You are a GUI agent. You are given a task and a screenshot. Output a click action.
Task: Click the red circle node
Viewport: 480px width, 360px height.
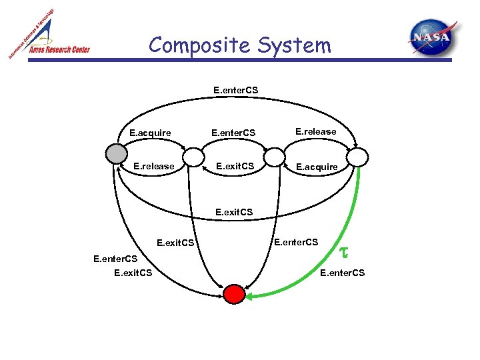point(234,293)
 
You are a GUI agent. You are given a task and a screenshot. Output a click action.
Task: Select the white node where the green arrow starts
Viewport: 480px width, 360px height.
point(358,157)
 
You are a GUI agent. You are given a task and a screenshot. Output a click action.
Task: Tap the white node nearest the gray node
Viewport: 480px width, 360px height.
point(194,157)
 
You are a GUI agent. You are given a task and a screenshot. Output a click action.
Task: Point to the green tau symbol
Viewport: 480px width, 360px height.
point(345,252)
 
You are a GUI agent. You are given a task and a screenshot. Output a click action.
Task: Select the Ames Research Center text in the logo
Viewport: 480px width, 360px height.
point(59,49)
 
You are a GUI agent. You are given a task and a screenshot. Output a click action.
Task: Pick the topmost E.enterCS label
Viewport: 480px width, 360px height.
point(236,89)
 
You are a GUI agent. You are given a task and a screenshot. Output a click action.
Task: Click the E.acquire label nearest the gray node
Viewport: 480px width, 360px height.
point(150,133)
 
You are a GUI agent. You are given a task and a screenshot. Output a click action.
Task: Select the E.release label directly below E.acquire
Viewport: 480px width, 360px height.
point(154,166)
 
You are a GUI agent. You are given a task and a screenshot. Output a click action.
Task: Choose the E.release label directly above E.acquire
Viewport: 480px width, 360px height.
point(316,131)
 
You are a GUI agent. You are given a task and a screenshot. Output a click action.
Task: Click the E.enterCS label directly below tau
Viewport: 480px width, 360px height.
point(343,272)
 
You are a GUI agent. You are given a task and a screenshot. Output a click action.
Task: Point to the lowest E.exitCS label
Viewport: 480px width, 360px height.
point(133,272)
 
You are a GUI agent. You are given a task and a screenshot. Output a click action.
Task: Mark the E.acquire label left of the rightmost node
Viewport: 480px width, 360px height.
point(317,166)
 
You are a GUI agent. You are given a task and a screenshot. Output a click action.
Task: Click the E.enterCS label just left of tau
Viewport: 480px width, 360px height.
point(297,241)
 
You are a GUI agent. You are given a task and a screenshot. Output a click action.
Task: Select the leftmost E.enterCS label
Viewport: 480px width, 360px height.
point(115,258)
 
